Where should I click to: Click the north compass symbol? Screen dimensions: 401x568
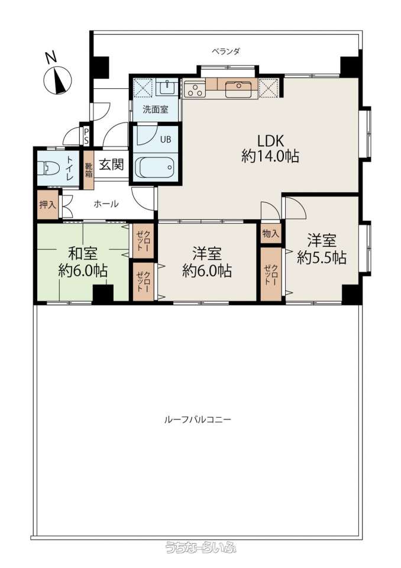click(x=57, y=78)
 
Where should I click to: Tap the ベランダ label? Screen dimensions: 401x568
click(x=226, y=51)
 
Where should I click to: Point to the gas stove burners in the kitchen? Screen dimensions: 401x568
click(x=195, y=89)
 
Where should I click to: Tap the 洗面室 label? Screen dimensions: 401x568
click(x=156, y=109)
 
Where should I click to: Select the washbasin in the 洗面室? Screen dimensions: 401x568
click(x=167, y=87)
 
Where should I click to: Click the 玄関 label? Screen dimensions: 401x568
click(x=112, y=165)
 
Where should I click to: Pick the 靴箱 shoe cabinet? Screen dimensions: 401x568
click(x=89, y=170)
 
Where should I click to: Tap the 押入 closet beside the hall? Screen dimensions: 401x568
click(x=48, y=205)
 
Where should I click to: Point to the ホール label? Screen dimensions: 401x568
click(x=106, y=204)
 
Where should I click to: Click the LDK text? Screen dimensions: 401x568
click(x=270, y=140)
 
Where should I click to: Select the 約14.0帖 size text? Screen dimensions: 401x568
click(x=270, y=156)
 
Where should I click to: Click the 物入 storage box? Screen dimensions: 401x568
click(x=271, y=234)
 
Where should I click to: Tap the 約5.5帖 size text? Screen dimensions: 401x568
click(x=321, y=257)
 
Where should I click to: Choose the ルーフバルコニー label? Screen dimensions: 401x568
click(x=198, y=420)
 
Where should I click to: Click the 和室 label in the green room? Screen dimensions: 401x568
click(x=83, y=253)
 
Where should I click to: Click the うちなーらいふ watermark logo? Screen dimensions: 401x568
click(x=200, y=547)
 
